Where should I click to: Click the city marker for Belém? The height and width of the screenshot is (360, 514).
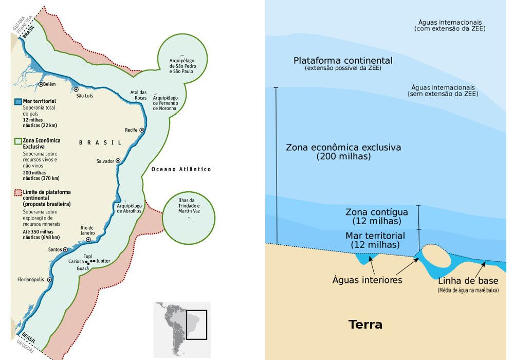pos(41,84)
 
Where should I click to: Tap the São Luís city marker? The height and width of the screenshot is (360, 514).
pos(76,89)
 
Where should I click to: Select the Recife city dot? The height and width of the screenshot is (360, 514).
pos(142,130)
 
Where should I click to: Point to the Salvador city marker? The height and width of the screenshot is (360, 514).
pos(118,161)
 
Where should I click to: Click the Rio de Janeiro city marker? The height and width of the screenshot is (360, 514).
pos(88,240)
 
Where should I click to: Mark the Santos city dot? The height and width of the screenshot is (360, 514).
pos(65,250)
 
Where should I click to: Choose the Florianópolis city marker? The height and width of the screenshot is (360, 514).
pos(50,280)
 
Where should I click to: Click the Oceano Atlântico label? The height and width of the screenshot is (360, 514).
pos(181,169)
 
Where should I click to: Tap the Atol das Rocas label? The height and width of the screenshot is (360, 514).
pos(139,95)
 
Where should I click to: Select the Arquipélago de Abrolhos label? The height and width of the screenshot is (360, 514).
pos(128,208)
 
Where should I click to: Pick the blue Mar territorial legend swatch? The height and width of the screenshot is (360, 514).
pos(18,101)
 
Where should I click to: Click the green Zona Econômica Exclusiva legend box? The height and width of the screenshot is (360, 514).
pos(18,140)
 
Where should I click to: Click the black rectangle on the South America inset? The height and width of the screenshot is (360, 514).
pos(196,325)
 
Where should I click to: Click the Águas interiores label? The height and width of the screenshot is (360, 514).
pos(367,280)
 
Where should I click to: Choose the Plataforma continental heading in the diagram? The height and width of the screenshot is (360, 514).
pos(343,61)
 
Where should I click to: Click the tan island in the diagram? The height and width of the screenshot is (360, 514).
pos(435,256)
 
